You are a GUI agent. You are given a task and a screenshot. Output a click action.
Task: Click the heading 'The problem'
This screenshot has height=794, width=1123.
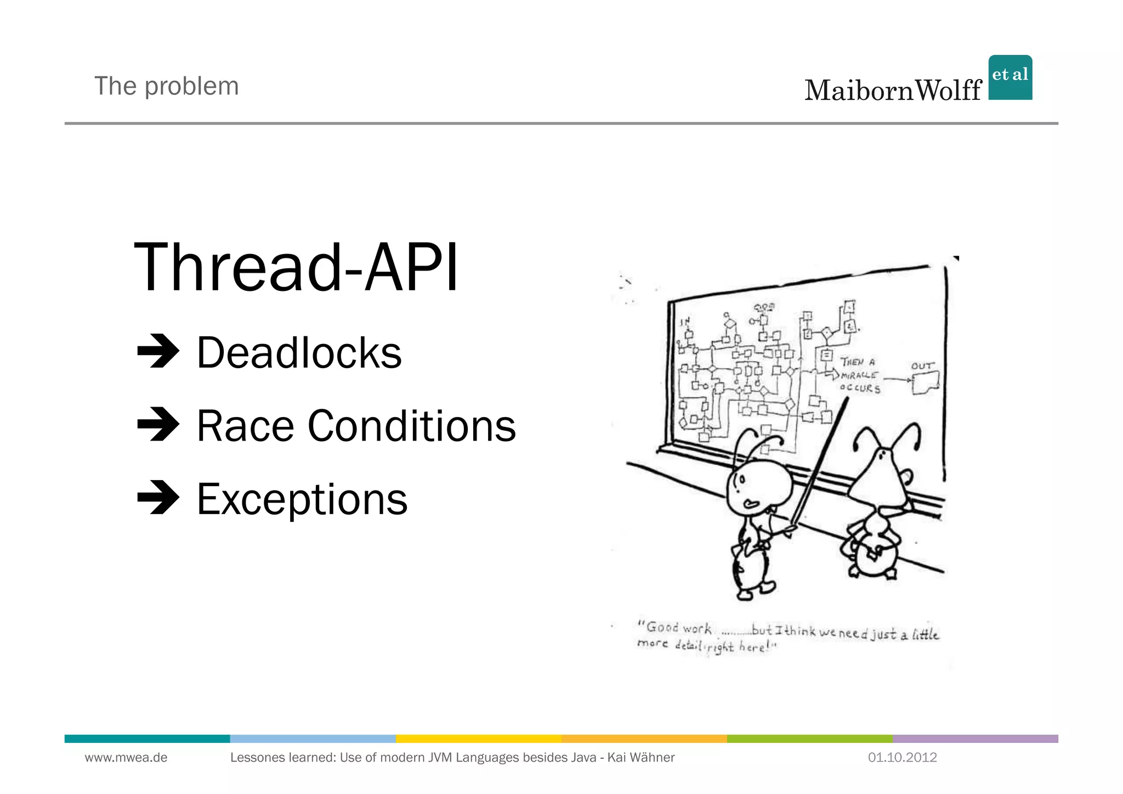pos(166,86)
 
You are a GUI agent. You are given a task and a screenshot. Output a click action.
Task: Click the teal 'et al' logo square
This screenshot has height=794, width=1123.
pos(1009,77)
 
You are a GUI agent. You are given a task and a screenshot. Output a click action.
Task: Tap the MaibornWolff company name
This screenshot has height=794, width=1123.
pos(892,91)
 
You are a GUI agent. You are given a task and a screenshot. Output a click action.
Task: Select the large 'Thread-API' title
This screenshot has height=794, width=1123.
pos(296,268)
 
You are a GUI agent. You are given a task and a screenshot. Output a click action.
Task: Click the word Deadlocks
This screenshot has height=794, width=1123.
pos(299,353)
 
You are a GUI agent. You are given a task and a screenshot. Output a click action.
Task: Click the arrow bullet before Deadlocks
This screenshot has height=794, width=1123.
pos(158,351)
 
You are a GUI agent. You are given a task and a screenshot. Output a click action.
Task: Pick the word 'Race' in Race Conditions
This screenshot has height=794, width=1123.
pos(245,426)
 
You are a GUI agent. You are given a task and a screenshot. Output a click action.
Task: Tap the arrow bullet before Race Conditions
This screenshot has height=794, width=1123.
pos(158,424)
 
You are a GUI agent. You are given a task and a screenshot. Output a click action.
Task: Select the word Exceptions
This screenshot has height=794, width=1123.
pos(302,499)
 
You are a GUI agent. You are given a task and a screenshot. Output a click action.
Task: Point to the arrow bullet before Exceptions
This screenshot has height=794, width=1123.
pos(158,497)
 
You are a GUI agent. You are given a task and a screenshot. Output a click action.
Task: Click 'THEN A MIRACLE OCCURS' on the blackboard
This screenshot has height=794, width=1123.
pos(860,375)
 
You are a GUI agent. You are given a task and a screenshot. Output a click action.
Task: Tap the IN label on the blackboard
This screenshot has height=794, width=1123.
pos(685,322)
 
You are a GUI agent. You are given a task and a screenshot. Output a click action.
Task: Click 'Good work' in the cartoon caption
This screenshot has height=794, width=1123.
pos(678,628)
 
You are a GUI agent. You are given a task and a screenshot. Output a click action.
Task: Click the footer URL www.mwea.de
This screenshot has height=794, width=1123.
pos(126,758)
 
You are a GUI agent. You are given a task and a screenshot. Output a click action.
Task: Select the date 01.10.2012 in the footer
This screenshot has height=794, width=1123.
pos(902,758)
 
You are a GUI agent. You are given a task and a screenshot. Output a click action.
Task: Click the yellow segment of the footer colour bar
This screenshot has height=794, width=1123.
pos(478,739)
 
